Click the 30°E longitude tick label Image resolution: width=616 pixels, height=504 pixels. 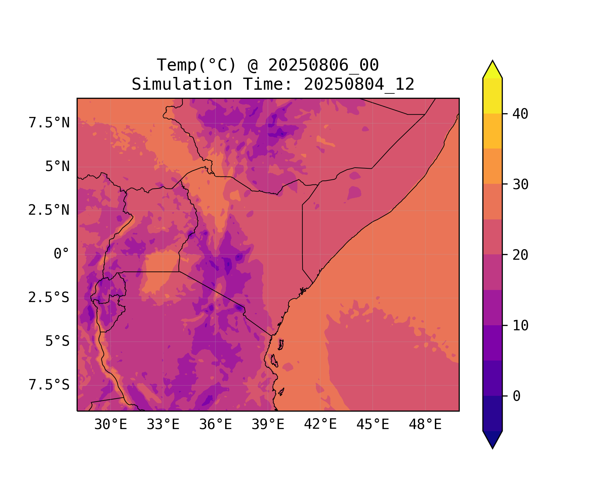coord(111,425)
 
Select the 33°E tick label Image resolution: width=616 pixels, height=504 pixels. coord(163,425)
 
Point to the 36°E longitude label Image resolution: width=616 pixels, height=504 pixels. coord(215,425)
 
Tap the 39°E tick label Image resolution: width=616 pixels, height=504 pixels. coord(268,425)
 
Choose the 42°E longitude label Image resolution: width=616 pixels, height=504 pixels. coord(320,425)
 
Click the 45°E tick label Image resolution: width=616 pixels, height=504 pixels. coord(373,425)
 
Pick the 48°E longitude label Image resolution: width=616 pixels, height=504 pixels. coord(425,425)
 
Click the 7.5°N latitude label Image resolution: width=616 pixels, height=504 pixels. coord(49,123)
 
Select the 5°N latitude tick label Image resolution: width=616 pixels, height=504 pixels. coord(57,167)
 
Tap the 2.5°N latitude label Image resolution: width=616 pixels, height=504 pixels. coord(49,210)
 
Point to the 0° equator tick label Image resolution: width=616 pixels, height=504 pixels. coord(61,254)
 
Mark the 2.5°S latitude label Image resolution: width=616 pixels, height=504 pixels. coord(49,298)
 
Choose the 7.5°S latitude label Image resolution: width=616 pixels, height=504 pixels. coord(49,385)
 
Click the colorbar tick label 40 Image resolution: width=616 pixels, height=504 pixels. coord(521,114)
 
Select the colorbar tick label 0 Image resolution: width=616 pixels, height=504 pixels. coord(517,396)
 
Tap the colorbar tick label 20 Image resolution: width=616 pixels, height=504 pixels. coord(521,255)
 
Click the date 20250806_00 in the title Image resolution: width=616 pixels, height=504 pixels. coord(323,65)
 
